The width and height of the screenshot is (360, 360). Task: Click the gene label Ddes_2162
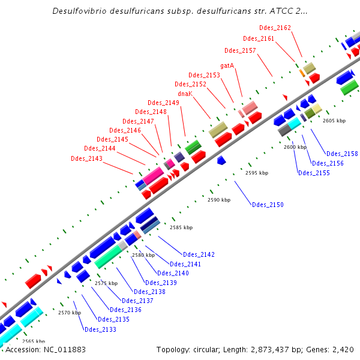[275, 28]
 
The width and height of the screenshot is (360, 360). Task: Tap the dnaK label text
[185, 94]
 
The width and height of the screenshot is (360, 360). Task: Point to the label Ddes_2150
[268, 205]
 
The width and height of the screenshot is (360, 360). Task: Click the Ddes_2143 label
[86, 158]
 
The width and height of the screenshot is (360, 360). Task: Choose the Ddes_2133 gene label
[100, 329]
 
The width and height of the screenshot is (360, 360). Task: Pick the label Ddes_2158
[342, 154]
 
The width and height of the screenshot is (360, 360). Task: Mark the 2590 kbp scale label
[219, 200]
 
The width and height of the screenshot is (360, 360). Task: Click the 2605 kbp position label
[334, 121]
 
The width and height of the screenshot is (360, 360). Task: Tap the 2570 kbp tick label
[69, 313]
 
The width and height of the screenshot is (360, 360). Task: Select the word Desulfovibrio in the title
[82, 11]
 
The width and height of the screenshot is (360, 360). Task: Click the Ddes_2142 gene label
[199, 254]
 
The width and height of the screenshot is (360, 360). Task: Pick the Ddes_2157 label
[240, 50]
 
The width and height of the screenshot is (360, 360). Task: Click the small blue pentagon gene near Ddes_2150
[221, 160]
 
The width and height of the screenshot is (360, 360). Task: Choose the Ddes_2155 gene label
[314, 173]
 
